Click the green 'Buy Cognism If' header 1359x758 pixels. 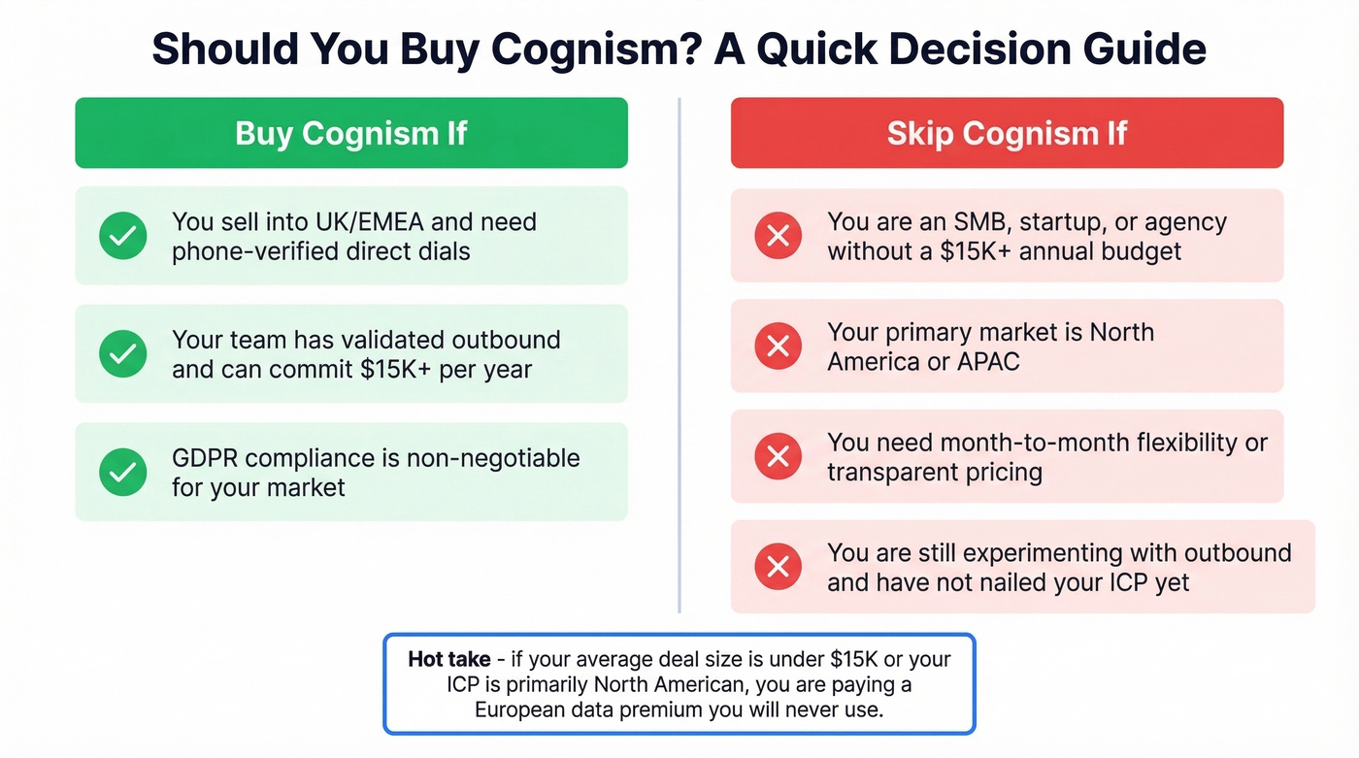tap(350, 133)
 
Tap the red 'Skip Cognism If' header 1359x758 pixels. tap(1007, 133)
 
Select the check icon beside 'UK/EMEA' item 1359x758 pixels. tap(123, 236)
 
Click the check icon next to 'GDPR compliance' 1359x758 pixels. tap(123, 472)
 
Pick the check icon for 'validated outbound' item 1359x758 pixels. tap(123, 354)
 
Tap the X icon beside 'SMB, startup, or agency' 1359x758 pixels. tap(778, 236)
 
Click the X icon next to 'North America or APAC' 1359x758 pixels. tap(778, 346)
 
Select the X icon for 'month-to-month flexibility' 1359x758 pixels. tap(778, 456)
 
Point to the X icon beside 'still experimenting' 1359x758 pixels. tap(778, 567)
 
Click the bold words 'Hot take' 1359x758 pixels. tap(448, 660)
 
